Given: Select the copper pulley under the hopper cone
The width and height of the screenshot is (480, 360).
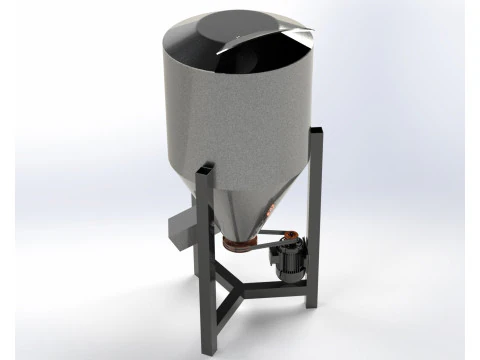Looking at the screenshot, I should tap(240, 244).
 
